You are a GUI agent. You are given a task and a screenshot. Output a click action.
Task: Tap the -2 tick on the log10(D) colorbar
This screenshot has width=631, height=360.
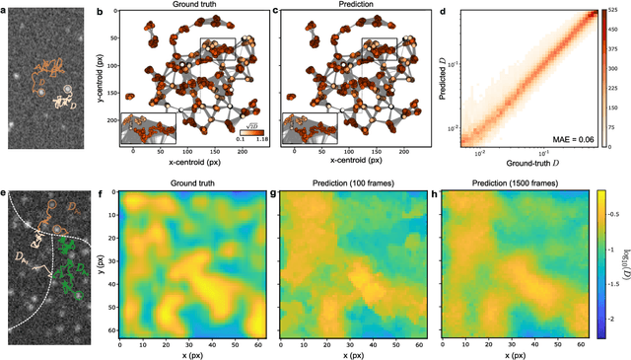(618, 320)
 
